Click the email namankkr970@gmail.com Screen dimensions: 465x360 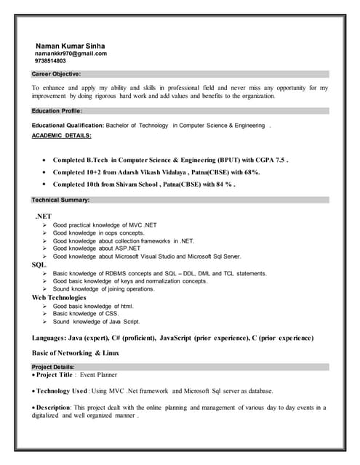pyautogui.click(x=71, y=54)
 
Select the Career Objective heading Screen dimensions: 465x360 pyautogui.click(x=56, y=74)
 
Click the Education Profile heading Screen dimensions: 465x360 pyautogui.click(x=57, y=111)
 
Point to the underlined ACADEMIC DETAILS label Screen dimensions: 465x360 pyautogui.click(x=62, y=136)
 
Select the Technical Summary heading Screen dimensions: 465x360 pyautogui.click(x=60, y=200)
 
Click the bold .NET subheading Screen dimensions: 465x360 pyautogui.click(x=43, y=217)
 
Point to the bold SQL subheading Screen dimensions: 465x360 pyautogui.click(x=39, y=264)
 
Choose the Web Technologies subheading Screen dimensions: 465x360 pyautogui.click(x=59, y=297)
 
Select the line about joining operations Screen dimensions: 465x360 pyautogui.click(x=103, y=288)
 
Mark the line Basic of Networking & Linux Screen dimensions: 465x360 pyautogui.click(x=76, y=353)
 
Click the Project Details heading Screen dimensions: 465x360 pyautogui.click(x=53, y=368)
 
